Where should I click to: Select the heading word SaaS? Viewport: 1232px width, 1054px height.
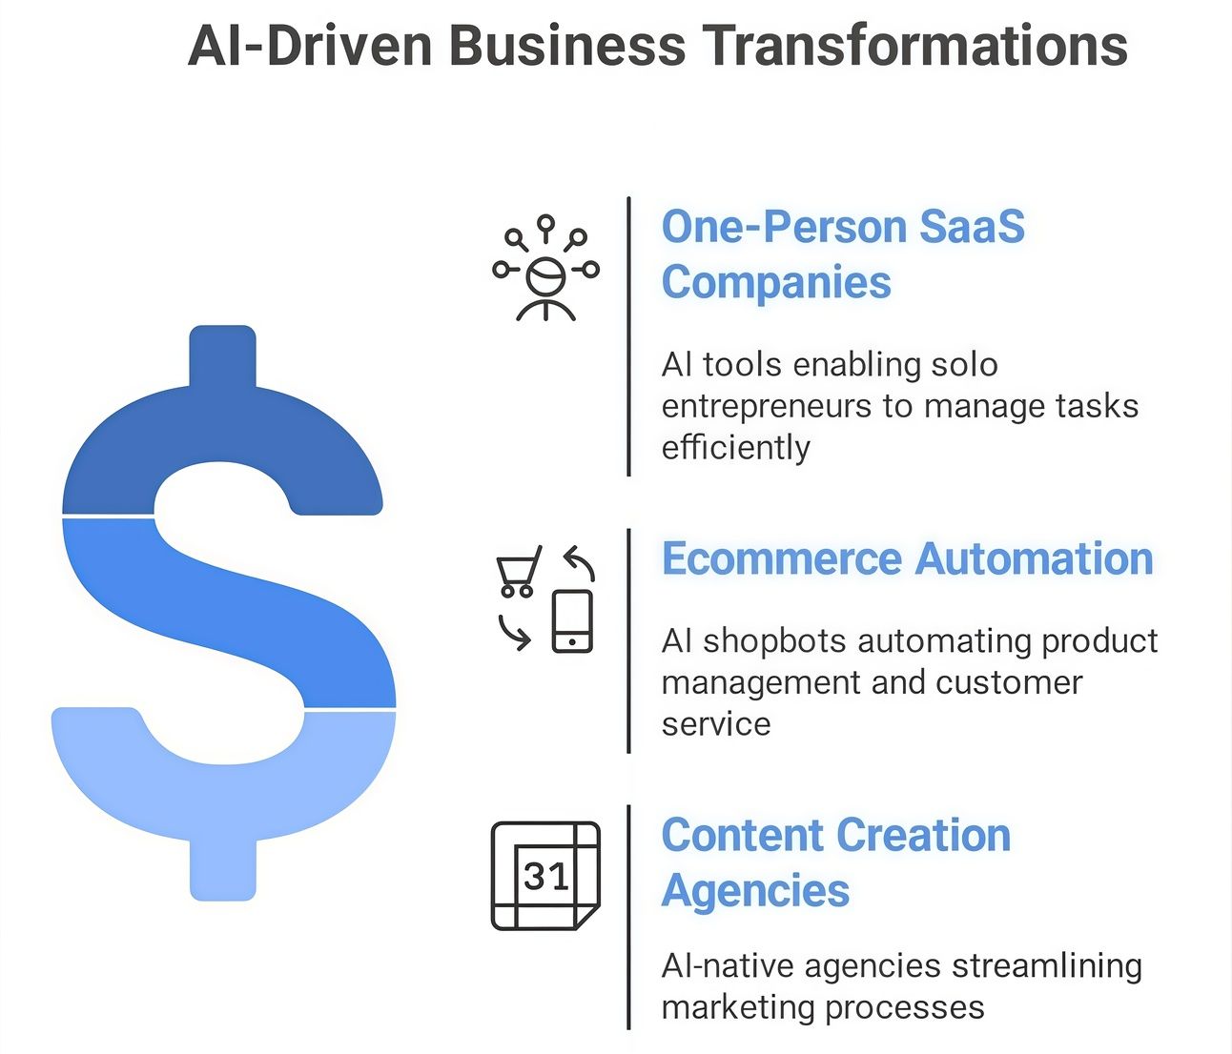pyautogui.click(x=972, y=227)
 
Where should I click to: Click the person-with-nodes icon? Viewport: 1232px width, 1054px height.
pyautogui.click(x=545, y=268)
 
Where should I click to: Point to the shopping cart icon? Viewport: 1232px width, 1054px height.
pyautogui.click(x=518, y=571)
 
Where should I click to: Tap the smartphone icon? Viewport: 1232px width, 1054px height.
pyautogui.click(x=572, y=621)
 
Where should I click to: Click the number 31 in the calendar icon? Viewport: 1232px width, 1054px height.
pyautogui.click(x=545, y=877)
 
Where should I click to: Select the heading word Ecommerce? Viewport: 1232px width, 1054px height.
pyautogui.click(x=782, y=558)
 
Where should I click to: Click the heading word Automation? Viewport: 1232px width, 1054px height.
pyautogui.click(x=1034, y=558)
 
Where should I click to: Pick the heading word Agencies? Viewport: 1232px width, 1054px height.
pyautogui.click(x=756, y=892)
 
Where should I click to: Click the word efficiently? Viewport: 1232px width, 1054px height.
pyautogui.click(x=735, y=448)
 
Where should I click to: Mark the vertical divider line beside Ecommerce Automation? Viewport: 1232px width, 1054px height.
pyautogui.click(x=628, y=640)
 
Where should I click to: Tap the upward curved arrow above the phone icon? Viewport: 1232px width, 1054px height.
pyautogui.click(x=580, y=562)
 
